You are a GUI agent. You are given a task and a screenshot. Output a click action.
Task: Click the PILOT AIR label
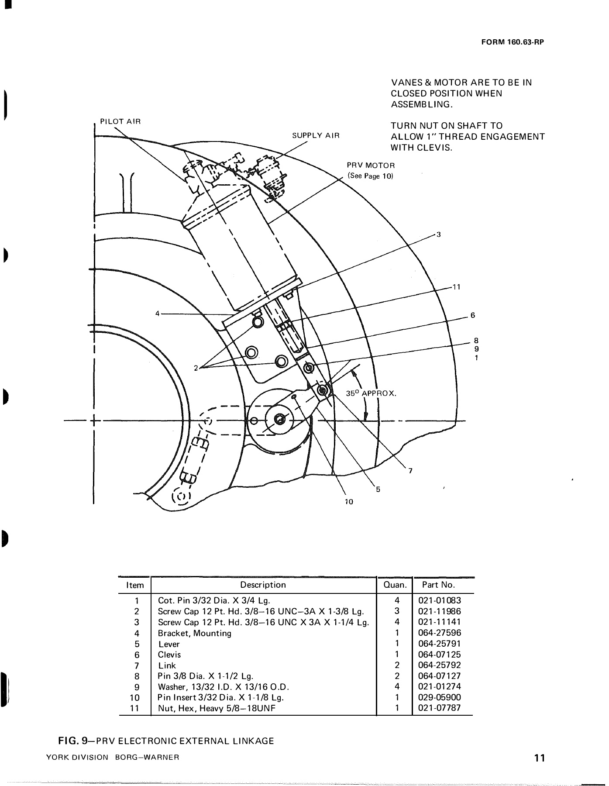[x=120, y=121]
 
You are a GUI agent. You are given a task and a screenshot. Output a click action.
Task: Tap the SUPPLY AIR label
[x=315, y=135]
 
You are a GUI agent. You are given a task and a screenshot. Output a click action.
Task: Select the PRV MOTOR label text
[x=371, y=166]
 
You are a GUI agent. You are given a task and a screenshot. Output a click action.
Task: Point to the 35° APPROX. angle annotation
[x=371, y=393]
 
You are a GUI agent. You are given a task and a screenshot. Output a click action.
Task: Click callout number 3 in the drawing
[x=438, y=235]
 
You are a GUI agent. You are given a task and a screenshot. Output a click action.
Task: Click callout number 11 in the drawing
[x=456, y=287]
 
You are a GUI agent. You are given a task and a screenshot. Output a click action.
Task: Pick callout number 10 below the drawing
[x=348, y=502]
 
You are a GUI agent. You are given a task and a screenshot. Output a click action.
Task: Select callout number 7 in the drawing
[x=409, y=471]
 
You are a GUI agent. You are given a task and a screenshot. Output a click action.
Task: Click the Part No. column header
[x=438, y=585]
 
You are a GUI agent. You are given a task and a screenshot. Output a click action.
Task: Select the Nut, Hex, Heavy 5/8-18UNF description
[x=217, y=708]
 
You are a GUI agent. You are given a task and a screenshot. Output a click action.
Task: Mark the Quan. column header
[x=395, y=585]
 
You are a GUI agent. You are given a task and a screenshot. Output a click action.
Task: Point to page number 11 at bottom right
[x=539, y=758]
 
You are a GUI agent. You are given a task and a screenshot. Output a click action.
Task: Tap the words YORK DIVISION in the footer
[x=77, y=758]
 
